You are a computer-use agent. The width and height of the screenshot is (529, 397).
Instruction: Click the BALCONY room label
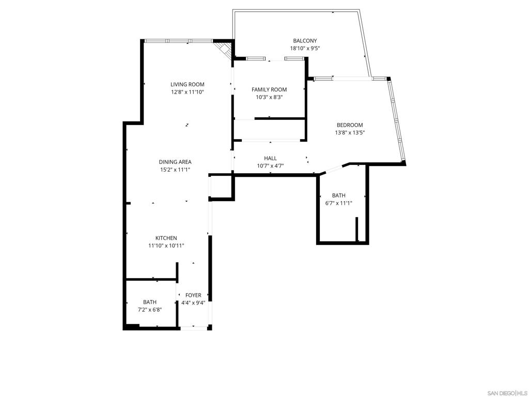click(305, 41)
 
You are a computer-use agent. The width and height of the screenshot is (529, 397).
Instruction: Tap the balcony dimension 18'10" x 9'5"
click(305, 48)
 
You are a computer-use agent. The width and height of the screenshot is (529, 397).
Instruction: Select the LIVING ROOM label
click(187, 84)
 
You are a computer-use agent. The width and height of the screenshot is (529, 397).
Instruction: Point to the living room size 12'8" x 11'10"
click(187, 92)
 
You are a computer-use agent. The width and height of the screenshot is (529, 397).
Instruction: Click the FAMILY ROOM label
click(269, 89)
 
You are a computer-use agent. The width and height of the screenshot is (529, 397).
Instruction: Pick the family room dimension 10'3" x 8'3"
click(269, 97)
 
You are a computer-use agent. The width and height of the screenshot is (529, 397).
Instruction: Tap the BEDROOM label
click(350, 125)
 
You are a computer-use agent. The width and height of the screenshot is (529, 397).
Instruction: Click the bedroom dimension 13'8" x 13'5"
click(350, 133)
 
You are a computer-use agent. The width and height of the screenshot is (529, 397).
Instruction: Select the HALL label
click(270, 158)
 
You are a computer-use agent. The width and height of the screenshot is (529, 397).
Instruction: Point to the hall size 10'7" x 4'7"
click(270, 166)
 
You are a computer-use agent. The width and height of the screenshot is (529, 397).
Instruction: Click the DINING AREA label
click(175, 162)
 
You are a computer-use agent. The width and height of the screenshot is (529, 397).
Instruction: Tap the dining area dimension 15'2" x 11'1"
click(175, 170)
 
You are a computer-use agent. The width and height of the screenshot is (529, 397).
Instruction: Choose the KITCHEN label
click(166, 238)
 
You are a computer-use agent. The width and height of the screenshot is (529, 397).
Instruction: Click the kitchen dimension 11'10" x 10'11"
click(166, 246)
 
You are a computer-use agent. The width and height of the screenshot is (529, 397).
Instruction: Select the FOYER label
click(193, 295)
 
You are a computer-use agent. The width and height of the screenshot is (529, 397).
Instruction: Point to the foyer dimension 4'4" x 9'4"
click(193, 303)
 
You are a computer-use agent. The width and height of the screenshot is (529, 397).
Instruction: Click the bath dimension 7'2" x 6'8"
click(150, 310)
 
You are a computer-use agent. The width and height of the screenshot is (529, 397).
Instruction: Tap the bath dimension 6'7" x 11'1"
click(339, 203)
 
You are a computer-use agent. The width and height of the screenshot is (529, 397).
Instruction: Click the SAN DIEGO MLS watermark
click(507, 393)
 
